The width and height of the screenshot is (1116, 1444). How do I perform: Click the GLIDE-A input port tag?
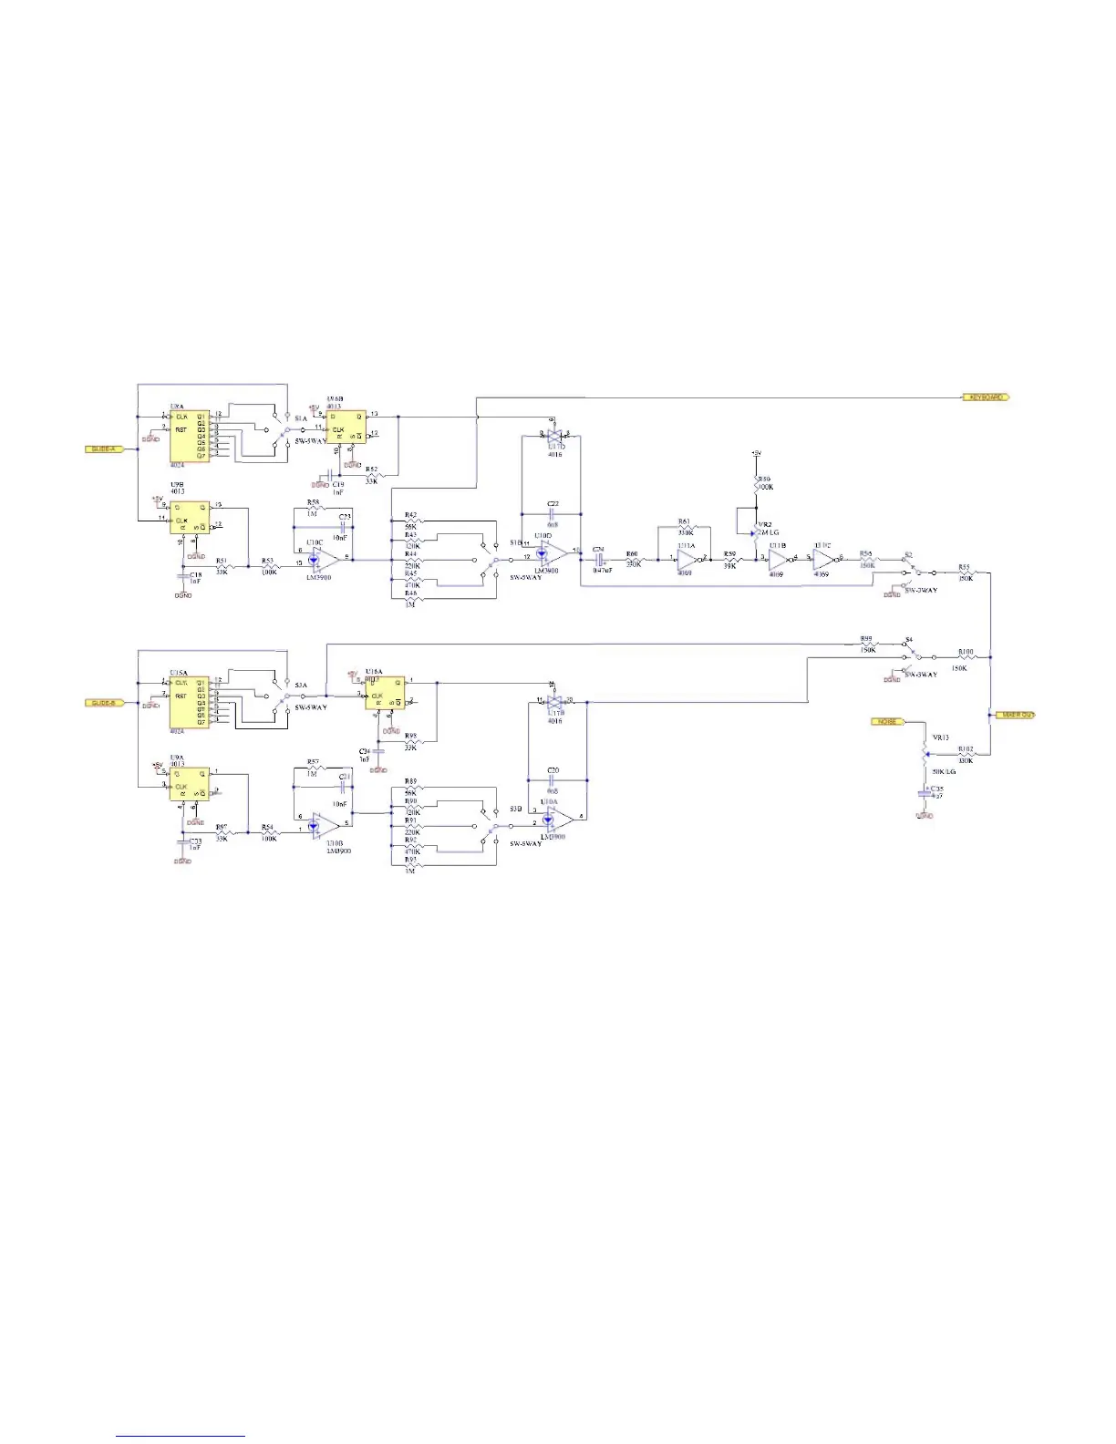coord(103,449)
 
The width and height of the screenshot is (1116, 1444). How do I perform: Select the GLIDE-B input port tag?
coord(103,703)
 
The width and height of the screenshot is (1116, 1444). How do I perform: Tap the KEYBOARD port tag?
coord(986,397)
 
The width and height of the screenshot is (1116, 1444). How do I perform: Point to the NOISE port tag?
coord(887,722)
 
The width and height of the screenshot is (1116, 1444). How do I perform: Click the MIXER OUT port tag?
coord(1016,715)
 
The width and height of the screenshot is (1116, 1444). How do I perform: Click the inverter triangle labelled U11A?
coord(687,560)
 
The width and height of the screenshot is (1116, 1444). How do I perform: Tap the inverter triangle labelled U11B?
coord(778,560)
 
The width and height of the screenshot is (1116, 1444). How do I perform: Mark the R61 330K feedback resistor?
coord(686,528)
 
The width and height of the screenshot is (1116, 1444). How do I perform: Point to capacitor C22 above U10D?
coord(553,512)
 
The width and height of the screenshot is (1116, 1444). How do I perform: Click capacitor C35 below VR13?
coord(925,794)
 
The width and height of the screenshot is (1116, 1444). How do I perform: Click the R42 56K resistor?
coord(413,521)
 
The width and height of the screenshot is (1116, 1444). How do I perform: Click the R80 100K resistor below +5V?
coord(756,483)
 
